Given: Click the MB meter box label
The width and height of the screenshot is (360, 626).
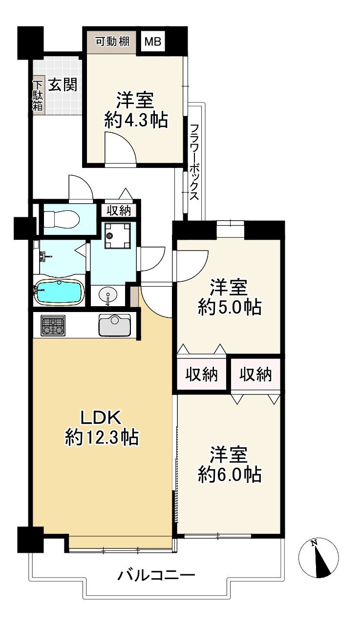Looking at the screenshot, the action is (152, 42).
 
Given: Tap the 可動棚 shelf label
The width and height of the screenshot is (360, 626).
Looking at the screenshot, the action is (113, 42).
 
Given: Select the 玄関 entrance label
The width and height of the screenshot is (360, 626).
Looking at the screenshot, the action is (63, 84).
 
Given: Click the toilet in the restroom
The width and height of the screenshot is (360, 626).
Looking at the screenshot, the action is (62, 219).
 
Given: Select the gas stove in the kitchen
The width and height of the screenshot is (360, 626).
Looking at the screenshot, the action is (53, 325).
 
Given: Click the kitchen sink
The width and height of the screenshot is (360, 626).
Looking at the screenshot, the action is (114, 325).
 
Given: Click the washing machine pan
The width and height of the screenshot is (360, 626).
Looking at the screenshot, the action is (117, 235).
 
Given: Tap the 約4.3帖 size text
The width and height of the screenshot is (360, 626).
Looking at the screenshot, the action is (136, 121).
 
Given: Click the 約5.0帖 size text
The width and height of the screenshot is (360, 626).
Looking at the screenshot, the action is (230, 308).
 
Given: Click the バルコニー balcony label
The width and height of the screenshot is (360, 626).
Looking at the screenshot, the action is (156, 575).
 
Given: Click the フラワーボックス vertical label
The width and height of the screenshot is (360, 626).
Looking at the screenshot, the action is (194, 162).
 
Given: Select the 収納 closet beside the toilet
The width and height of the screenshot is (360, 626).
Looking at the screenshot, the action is (119, 210).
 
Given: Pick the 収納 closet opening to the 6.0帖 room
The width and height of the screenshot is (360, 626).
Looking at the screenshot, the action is (255, 375).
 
